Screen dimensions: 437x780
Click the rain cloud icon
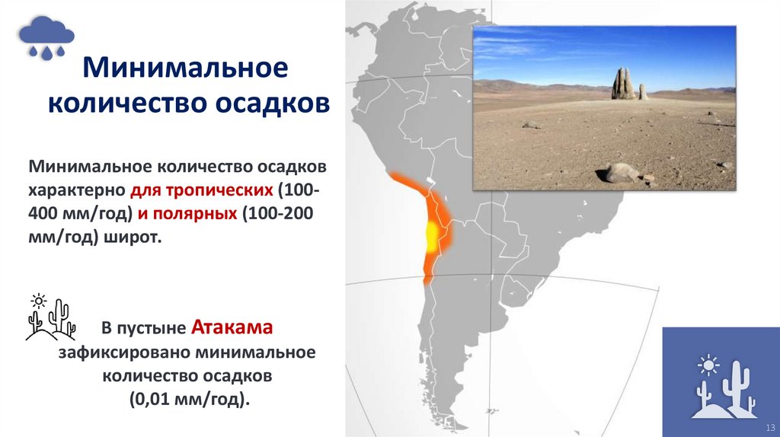click(x=47, y=37)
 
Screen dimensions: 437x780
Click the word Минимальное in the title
click(x=185, y=69)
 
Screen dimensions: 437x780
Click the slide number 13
click(x=769, y=426)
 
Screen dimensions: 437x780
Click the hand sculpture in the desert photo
click(x=622, y=84)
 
